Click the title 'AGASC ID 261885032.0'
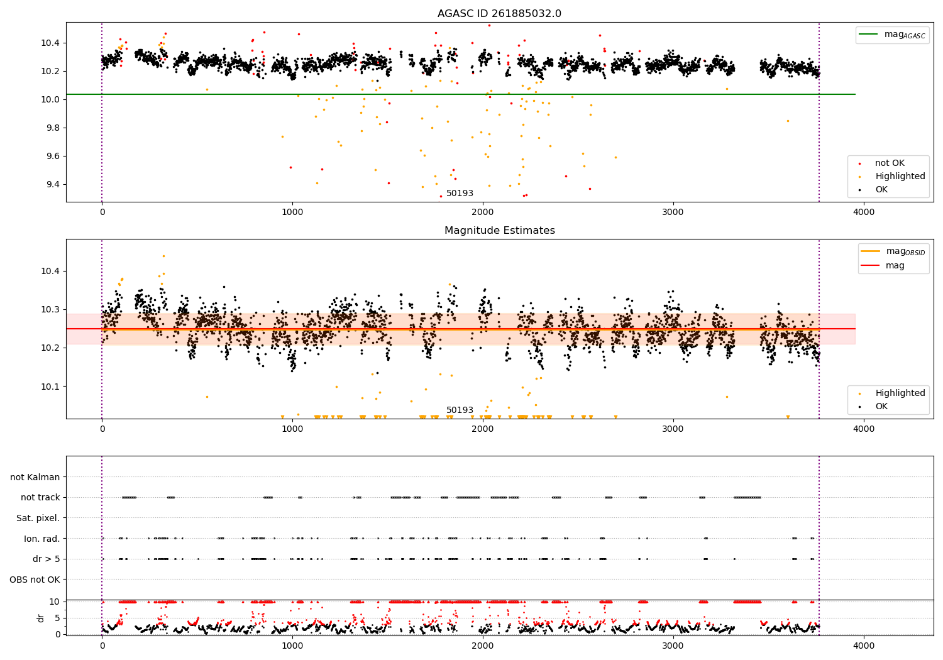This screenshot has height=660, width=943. pyautogui.click(x=499, y=14)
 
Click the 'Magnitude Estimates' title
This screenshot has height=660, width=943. pyautogui.click(x=499, y=231)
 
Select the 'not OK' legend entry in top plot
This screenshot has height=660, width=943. pyautogui.click(x=890, y=163)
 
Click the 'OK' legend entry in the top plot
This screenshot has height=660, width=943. pyautogui.click(x=881, y=190)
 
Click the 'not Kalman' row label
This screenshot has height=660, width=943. pyautogui.click(x=35, y=477)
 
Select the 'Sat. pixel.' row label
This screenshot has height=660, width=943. pyautogui.click(x=38, y=518)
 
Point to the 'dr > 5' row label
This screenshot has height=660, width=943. pyautogui.click(x=47, y=559)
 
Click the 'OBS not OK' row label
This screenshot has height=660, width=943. pyautogui.click(x=35, y=580)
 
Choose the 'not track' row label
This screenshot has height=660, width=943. pyautogui.click(x=40, y=497)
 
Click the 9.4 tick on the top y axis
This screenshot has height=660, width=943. pyautogui.click(x=51, y=184)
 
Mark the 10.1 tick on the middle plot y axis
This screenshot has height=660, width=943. pyautogui.click(x=51, y=387)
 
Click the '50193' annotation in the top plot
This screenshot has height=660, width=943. pyautogui.click(x=460, y=194)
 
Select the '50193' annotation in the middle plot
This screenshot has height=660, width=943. pyautogui.click(x=460, y=410)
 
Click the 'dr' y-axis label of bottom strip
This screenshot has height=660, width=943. pyautogui.click(x=41, y=618)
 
